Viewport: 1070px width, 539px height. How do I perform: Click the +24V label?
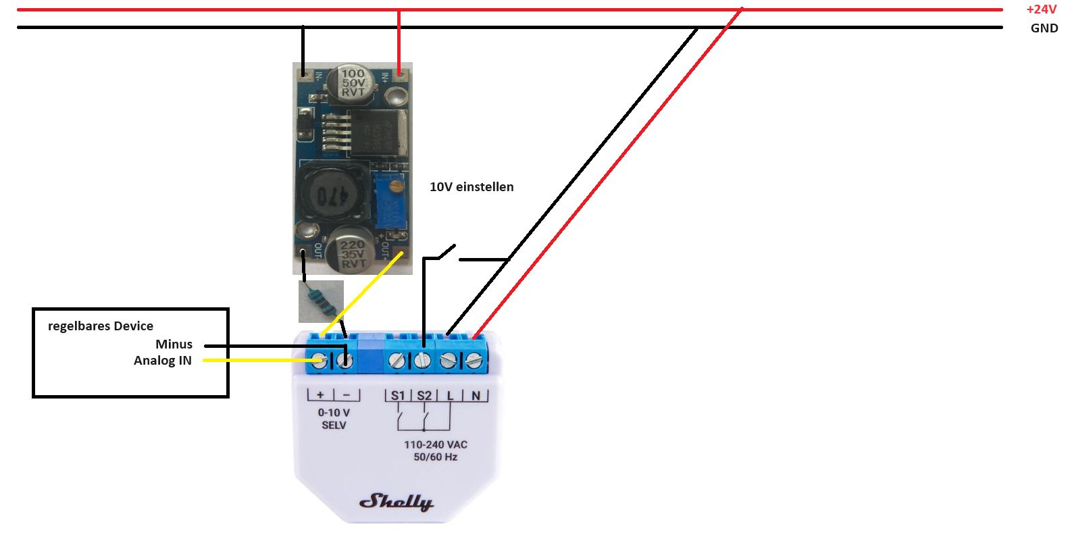coord(1041,9)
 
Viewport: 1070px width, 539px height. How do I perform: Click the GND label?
coord(1044,28)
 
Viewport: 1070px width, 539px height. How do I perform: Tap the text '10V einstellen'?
coord(472,187)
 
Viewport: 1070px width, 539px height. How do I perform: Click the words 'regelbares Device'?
coord(101,326)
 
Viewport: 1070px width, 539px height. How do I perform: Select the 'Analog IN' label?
coord(163,361)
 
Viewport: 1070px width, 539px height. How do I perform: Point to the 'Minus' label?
coord(174,344)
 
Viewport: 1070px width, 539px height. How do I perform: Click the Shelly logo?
coord(396,501)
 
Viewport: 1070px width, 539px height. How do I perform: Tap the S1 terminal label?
coord(398,396)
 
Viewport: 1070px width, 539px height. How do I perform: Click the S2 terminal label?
coord(424,396)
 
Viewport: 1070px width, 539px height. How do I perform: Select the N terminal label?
coord(476,396)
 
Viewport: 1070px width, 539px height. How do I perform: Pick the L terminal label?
coord(450,396)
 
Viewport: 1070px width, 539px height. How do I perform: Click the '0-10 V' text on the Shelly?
coord(334,413)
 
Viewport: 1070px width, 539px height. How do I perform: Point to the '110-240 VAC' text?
coord(436,444)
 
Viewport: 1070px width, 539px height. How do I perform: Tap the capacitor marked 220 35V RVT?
coord(351,251)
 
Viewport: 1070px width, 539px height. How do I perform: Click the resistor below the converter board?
coord(321,301)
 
